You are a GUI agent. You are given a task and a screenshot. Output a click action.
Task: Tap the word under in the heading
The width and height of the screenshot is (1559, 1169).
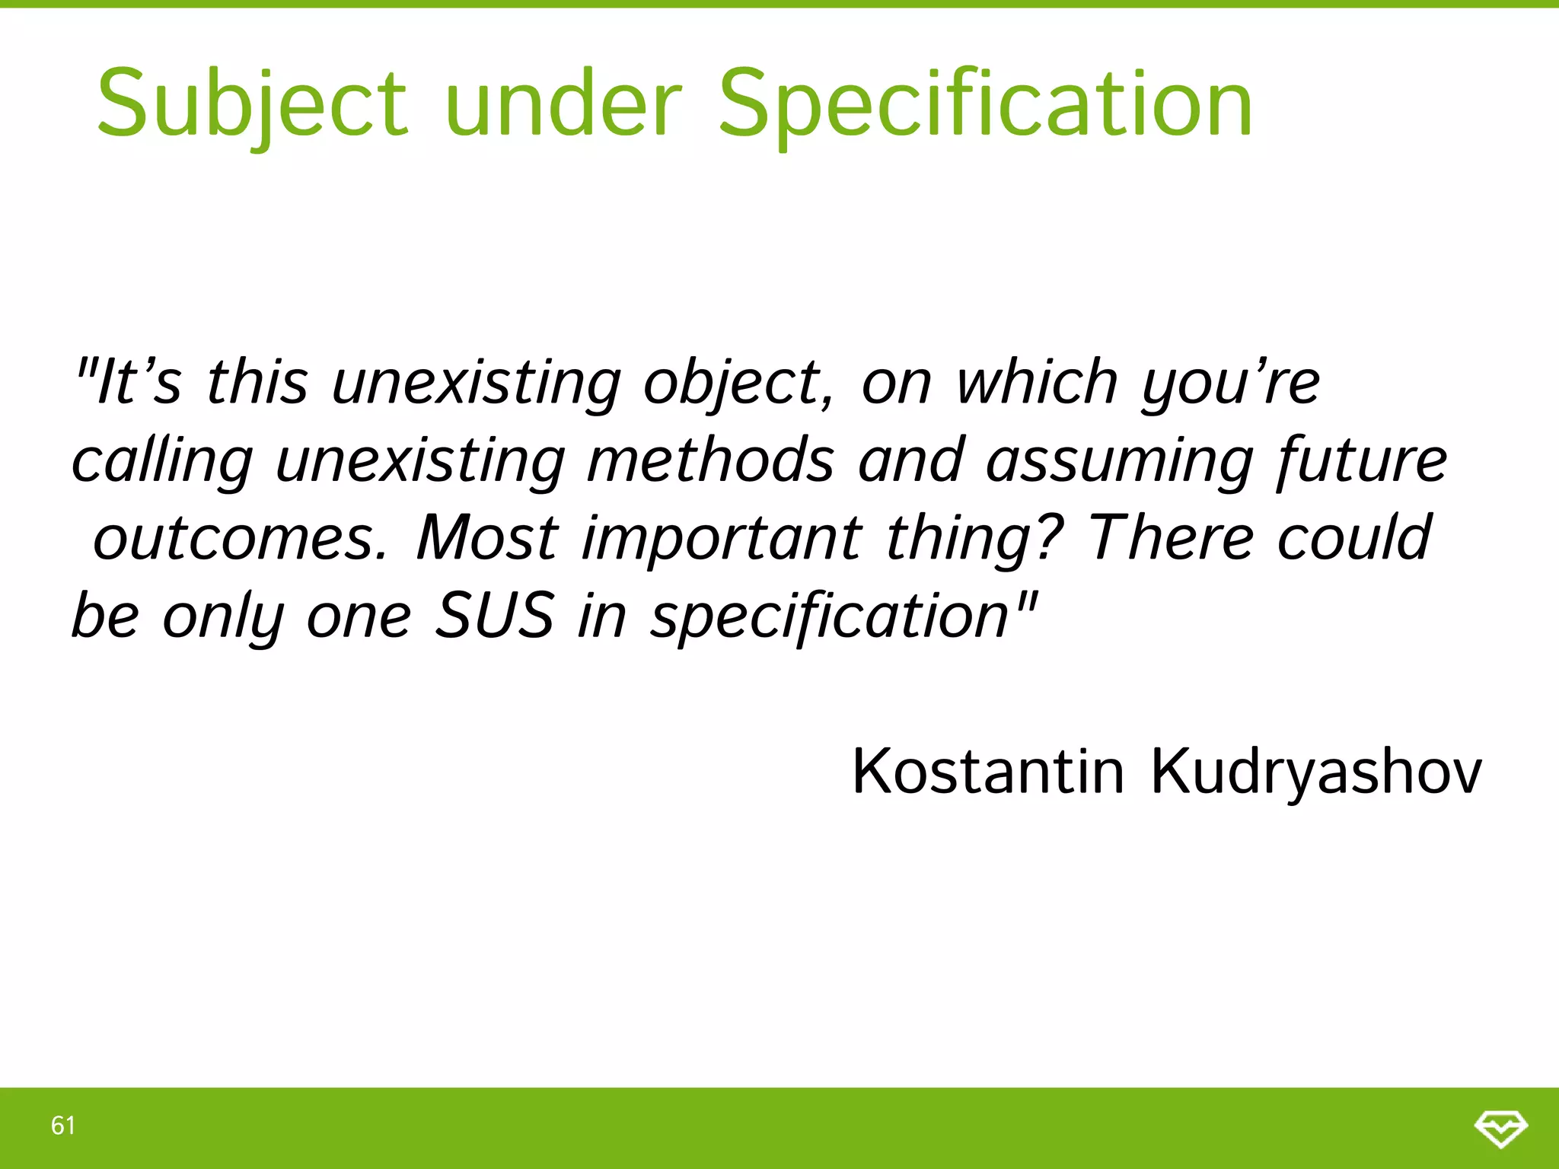point(563,104)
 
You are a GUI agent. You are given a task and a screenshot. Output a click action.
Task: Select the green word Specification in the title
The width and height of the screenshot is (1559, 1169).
point(985,104)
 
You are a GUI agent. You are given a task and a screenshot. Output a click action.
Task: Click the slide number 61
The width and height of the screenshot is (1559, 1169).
point(63,1125)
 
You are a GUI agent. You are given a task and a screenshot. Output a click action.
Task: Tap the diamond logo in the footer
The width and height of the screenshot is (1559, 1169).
point(1500,1127)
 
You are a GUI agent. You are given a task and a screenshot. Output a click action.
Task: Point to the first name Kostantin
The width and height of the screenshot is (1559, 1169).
point(987,772)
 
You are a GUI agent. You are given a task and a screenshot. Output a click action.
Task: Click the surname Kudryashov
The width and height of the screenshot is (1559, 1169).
point(1315,772)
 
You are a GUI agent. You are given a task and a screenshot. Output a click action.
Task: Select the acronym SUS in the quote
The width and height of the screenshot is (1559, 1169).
point(494,615)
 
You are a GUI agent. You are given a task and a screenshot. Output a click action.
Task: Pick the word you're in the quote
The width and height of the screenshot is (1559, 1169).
point(1230,383)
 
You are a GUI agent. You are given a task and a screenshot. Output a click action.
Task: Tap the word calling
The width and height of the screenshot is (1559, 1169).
point(162,461)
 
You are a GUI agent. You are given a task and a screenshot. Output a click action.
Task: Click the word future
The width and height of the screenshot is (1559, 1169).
point(1363,460)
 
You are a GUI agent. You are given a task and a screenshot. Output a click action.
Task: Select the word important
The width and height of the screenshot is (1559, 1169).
point(722,538)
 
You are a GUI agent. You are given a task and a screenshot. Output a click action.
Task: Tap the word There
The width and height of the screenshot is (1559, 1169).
point(1171,537)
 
